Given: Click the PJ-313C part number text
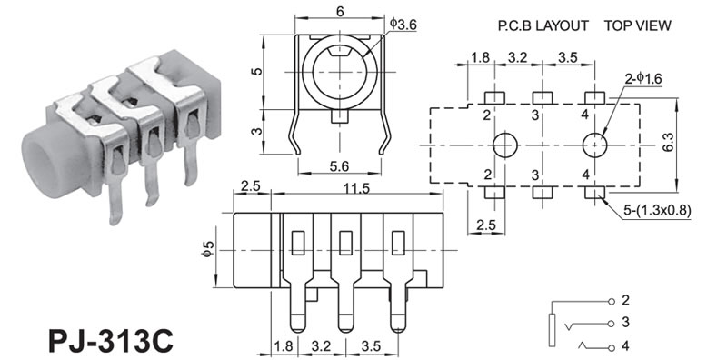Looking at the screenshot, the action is pyautogui.click(x=111, y=341).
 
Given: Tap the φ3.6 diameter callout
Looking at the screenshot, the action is pyautogui.click(x=403, y=24).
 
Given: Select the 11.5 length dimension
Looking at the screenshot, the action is pyautogui.click(x=356, y=188).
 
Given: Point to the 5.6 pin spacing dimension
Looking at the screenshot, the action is pyautogui.click(x=339, y=166).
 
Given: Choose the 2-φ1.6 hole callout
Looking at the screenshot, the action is pyautogui.click(x=643, y=79).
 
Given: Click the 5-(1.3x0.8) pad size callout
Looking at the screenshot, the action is pyautogui.click(x=657, y=211).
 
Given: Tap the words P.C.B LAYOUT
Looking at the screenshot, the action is pyautogui.click(x=543, y=25).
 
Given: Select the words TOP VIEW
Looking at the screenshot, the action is pyautogui.click(x=638, y=25).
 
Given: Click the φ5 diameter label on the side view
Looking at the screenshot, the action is pyautogui.click(x=208, y=250).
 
